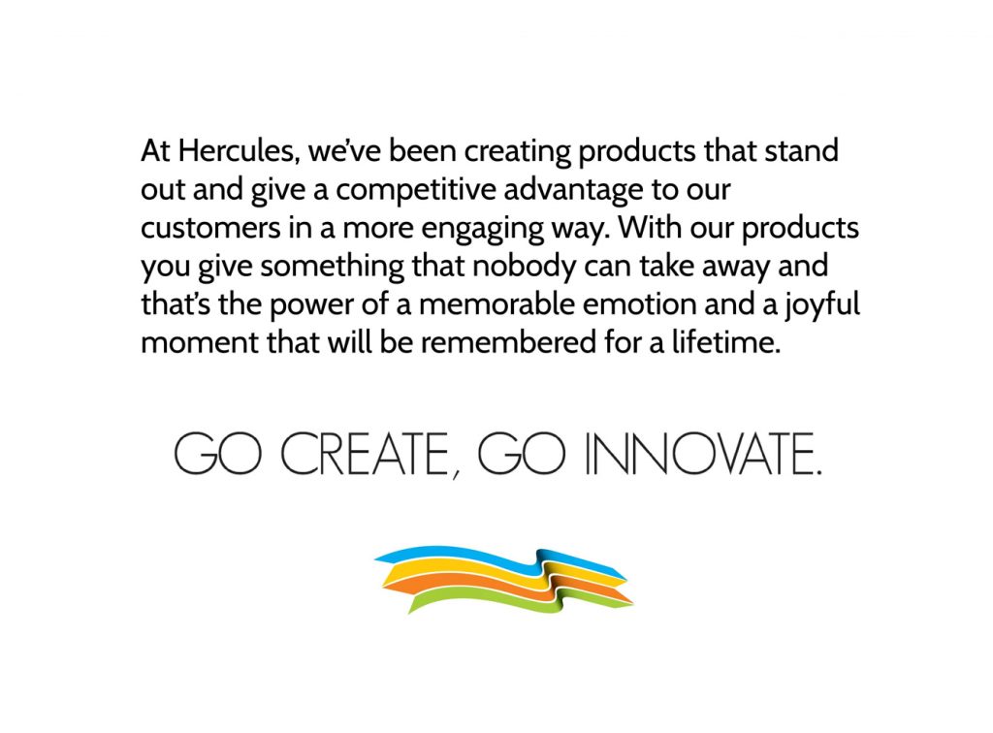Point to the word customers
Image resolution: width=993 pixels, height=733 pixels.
pos(210,228)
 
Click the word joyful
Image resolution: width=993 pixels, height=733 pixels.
pos(822,305)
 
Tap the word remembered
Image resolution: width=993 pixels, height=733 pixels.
pos(508,342)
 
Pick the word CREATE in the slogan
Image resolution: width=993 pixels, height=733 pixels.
pos(364,454)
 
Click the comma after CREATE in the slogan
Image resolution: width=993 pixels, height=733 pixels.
pos(457,474)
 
